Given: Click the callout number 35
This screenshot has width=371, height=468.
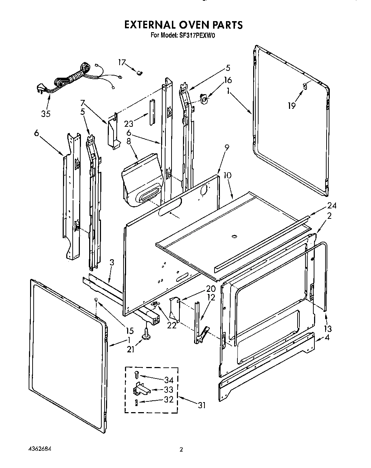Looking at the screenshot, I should point(45,114).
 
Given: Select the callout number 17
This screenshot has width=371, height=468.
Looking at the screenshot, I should point(122,63).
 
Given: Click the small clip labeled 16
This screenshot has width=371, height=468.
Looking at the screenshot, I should point(204,98).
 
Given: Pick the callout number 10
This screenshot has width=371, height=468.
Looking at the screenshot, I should point(227,175).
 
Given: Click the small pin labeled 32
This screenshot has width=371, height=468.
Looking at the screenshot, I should point(136,402).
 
